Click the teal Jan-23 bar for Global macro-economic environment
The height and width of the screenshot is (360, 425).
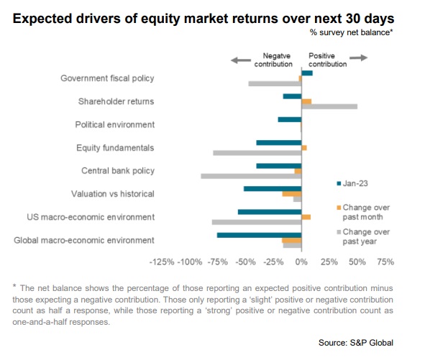click(x=259, y=235)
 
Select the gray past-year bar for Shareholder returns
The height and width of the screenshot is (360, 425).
click(x=329, y=106)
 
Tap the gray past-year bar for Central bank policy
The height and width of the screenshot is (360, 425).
click(x=251, y=176)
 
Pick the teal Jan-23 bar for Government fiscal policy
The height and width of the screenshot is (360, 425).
click(x=307, y=73)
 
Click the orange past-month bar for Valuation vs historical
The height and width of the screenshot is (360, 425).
click(x=292, y=194)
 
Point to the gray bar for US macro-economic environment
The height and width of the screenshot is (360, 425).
click(x=257, y=222)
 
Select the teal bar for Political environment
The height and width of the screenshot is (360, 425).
click(x=290, y=119)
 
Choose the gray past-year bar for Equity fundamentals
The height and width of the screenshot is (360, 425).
click(x=257, y=153)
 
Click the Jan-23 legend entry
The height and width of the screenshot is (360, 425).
click(x=352, y=183)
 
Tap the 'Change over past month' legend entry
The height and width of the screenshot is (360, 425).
click(x=363, y=212)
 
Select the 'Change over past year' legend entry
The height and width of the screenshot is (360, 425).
click(x=363, y=236)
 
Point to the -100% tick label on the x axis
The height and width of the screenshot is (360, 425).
click(x=190, y=262)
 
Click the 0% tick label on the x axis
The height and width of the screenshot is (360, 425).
click(x=301, y=262)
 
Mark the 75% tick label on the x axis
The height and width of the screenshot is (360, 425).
click(x=385, y=262)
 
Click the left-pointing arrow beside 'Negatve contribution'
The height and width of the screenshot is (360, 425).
click(x=241, y=60)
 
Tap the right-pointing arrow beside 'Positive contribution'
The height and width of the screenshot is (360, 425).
click(x=359, y=57)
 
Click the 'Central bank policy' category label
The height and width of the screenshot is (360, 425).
click(x=118, y=170)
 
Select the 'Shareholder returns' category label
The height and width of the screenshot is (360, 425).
click(x=116, y=101)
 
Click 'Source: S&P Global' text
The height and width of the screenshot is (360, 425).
click(x=356, y=343)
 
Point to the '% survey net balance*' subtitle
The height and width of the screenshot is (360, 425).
click(x=352, y=32)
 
